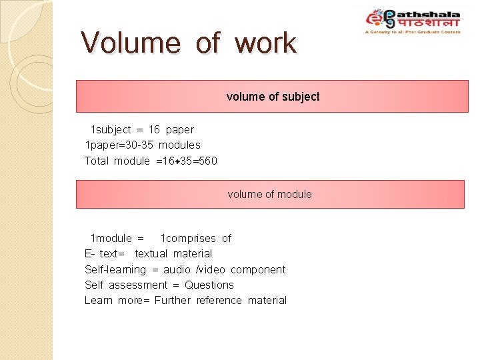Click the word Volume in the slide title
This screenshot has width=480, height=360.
130,43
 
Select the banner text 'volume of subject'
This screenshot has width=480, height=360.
273,97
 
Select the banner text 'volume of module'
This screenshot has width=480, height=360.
269,194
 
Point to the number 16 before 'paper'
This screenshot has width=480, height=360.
154,129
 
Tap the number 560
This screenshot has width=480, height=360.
205,161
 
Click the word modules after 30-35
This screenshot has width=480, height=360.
179,145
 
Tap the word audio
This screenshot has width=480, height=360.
177,269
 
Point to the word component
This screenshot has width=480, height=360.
258,269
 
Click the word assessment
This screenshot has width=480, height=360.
134,285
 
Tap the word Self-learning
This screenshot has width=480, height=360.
115,269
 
